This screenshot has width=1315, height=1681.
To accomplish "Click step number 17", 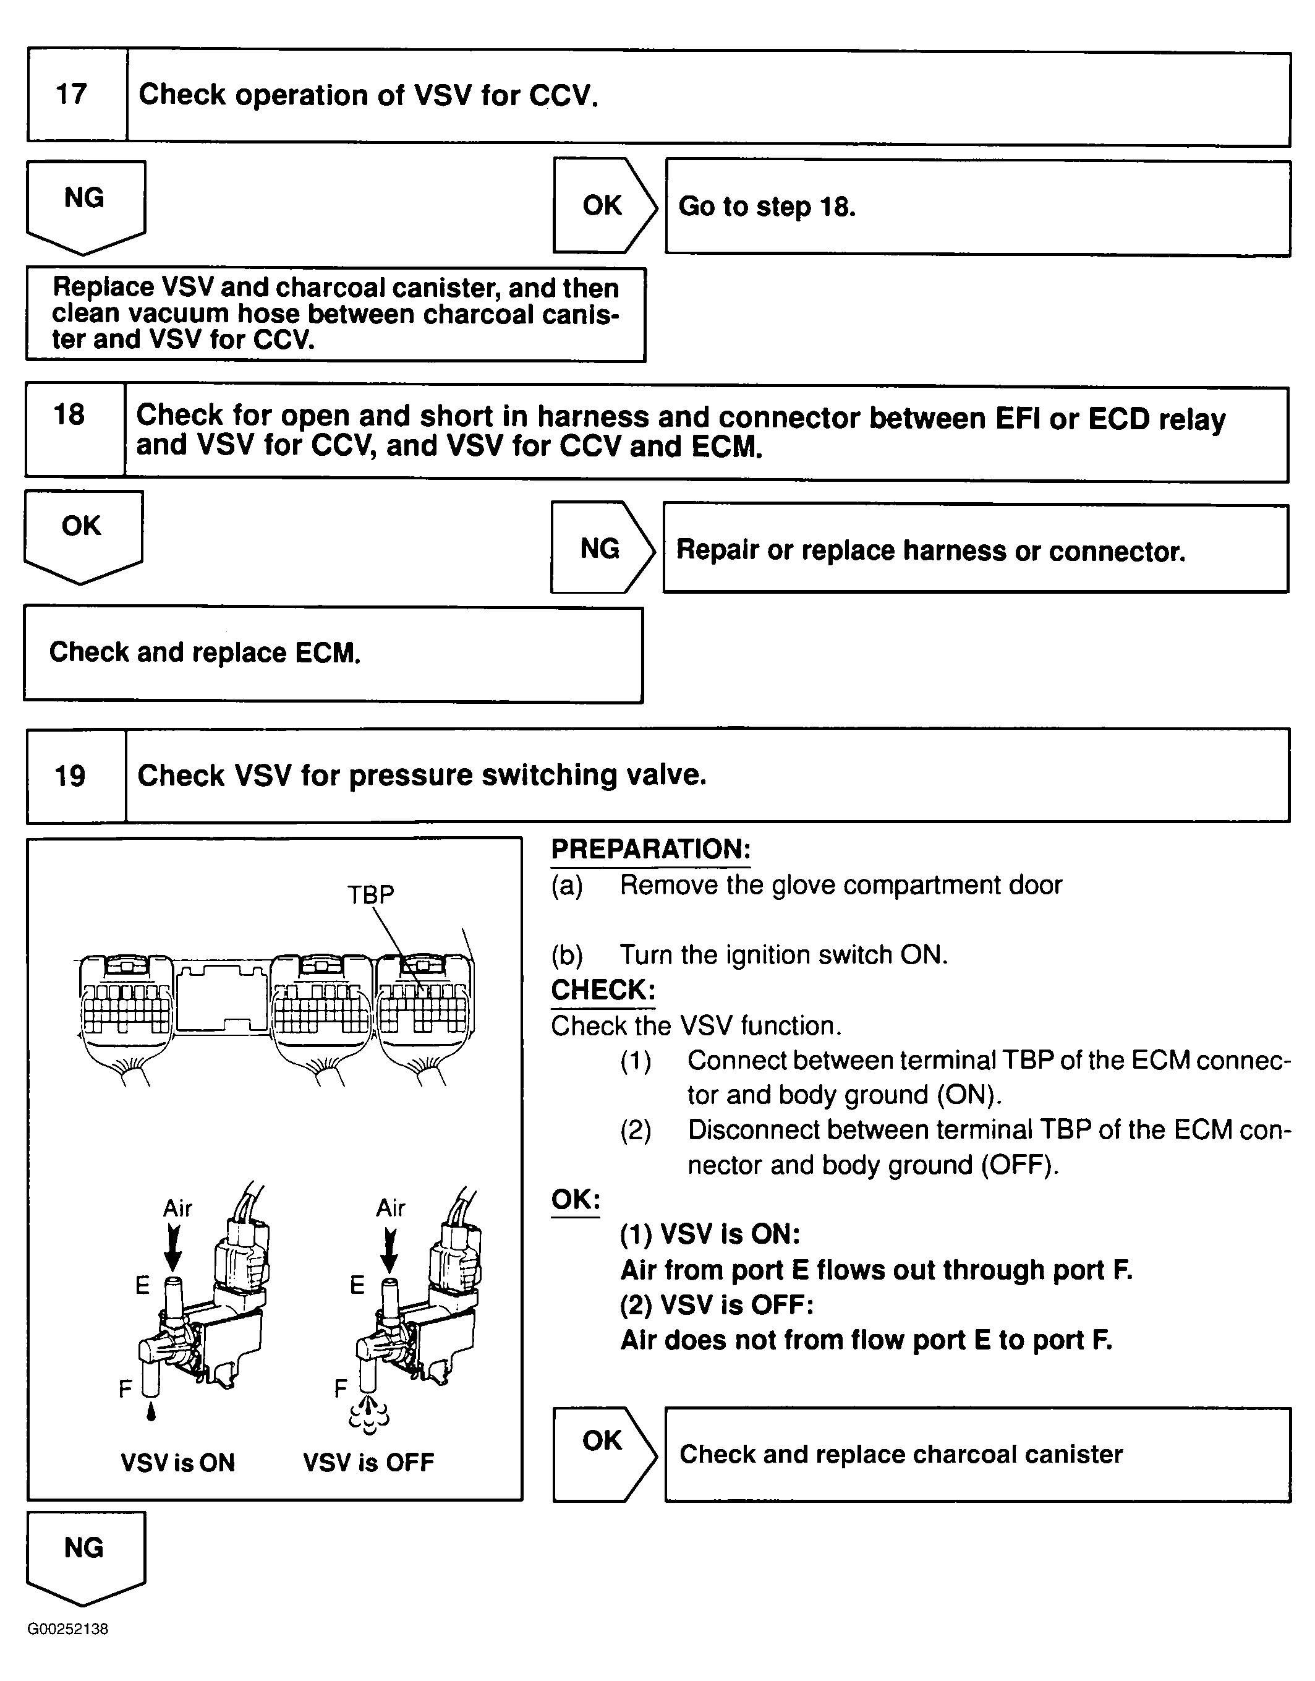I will (72, 95).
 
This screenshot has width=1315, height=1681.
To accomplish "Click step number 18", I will (69, 415).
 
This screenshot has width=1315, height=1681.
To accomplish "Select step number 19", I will (70, 776).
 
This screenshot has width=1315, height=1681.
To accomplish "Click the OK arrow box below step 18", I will (82, 532).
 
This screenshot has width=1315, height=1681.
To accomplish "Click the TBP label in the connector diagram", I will (370, 894).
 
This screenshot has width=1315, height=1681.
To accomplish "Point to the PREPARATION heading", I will (650, 849).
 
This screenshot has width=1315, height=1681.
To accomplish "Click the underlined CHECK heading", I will (603, 990).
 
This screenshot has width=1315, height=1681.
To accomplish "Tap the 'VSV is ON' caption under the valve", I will (178, 1462).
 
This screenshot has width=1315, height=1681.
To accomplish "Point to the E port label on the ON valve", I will (142, 1285).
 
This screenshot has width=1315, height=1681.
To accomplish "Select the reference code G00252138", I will (68, 1628).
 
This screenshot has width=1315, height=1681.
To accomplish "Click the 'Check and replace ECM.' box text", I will (205, 653).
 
